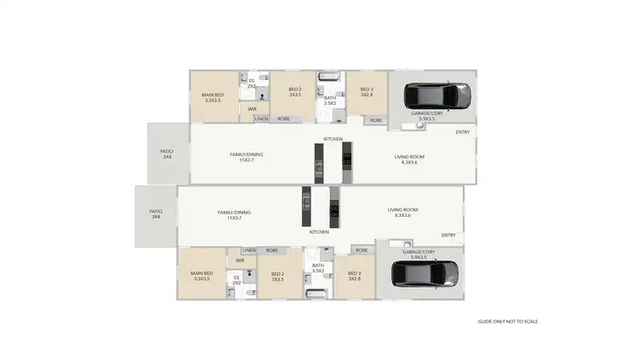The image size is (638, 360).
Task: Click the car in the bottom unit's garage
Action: [x=425, y=274]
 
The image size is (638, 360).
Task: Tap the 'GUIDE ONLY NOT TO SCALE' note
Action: [x=508, y=321]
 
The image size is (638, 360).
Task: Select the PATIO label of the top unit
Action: [x=167, y=154]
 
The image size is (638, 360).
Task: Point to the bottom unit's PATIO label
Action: [x=156, y=214]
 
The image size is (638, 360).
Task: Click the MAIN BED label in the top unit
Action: [x=213, y=97]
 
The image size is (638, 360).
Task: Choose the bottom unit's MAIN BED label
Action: [x=202, y=276]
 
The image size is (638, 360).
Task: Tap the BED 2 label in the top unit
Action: [x=294, y=92]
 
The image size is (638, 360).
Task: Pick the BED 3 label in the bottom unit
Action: [x=355, y=276]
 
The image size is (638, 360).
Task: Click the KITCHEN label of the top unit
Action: [x=333, y=139]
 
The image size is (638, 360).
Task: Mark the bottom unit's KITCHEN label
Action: [x=319, y=231]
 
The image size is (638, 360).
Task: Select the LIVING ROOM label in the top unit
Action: [x=409, y=157]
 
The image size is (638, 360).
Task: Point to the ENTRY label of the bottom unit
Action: [x=448, y=235]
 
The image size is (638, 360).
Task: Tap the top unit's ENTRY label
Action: [x=462, y=132]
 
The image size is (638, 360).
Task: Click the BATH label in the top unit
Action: [x=330, y=100]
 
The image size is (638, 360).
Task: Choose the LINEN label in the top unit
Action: [x=261, y=118]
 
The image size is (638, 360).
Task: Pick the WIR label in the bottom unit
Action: [x=240, y=260]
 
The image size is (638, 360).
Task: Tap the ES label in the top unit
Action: [x=252, y=83]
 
